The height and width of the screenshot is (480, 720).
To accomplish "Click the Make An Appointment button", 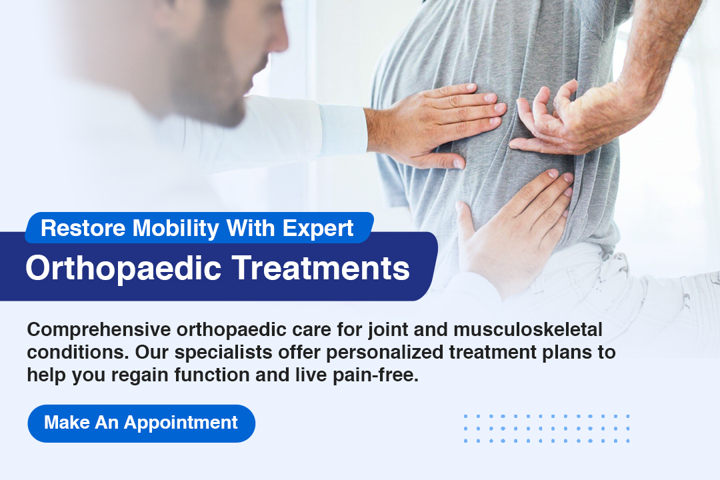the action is coord(141,423).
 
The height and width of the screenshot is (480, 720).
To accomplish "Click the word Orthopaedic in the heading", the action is coord(123,268).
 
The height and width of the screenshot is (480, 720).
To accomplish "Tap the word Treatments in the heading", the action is coord(321,268).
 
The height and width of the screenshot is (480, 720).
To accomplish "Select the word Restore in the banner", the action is coord(83,228).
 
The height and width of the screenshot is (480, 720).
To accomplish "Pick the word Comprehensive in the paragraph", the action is coord(99,330).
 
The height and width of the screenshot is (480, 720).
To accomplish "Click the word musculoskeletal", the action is coord(528,329).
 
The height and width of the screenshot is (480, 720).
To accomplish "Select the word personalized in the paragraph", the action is coord(385,353).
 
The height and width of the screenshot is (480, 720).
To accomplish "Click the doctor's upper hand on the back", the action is coord(436,123).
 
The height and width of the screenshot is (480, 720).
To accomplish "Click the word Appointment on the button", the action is coord(181,423).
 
